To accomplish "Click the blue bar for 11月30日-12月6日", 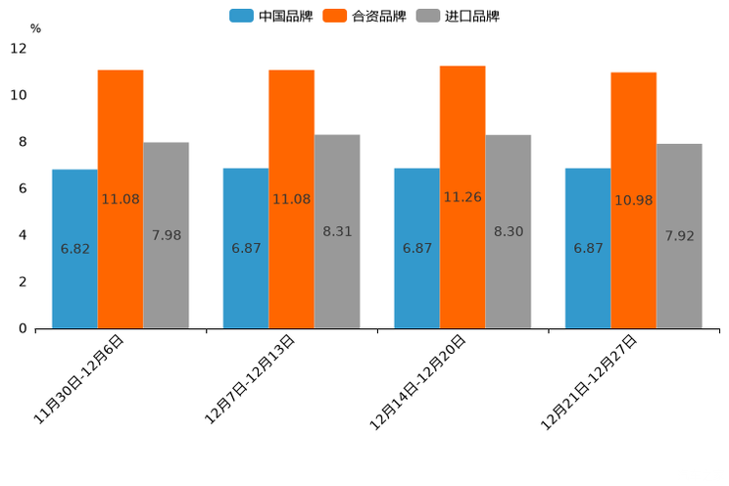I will pos(74,249).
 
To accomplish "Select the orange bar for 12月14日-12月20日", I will pos(462,197).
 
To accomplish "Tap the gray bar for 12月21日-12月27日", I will pos(679,236).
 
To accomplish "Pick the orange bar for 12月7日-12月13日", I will pos(291,199).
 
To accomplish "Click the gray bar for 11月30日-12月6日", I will pos(166,235).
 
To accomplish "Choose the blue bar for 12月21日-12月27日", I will pos(588,248).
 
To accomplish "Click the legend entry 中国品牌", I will pos(271,16).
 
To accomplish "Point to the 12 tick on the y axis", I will pos(19,48).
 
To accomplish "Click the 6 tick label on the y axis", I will pos(23,188).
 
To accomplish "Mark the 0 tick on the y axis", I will pos(23,328).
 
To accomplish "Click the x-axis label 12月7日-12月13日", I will pos(249,379).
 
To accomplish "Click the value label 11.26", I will pos(462,197).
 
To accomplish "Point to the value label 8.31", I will pos(337,231).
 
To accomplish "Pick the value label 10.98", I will pos(633,200).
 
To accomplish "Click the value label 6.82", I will pos(74,249).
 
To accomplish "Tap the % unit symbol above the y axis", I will pos(35,28).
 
